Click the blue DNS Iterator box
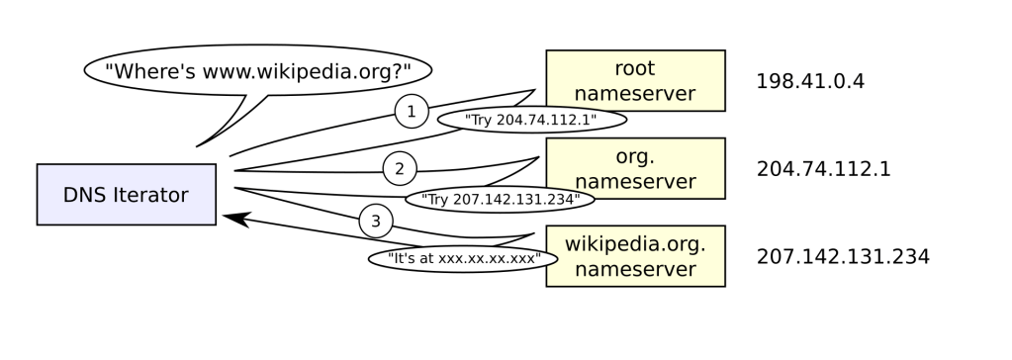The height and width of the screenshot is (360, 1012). pos(126,195)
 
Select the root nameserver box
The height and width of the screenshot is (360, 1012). pos(635,81)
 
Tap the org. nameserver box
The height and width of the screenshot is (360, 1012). pos(635,169)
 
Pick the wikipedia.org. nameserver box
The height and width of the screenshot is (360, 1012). pos(635,256)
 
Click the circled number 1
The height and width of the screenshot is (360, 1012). pos(411,112)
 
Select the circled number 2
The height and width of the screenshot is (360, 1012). pos(400,168)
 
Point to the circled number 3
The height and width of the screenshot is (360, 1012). pos(376,222)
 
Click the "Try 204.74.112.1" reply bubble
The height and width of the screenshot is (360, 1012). pos(531,120)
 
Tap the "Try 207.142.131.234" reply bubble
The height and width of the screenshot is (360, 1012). pos(500,200)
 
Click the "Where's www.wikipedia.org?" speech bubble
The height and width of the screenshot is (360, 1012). pos(259,71)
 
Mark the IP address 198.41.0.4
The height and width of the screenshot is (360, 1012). pos(810,82)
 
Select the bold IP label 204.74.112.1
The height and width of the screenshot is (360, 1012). pos(823,169)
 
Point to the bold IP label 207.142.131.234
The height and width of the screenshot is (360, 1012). pos(842,257)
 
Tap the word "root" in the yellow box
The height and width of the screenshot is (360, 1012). pos(635,69)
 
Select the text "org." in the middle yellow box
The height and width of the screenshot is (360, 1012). pos(635,157)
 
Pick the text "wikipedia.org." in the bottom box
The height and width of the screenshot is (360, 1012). pos(635,243)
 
